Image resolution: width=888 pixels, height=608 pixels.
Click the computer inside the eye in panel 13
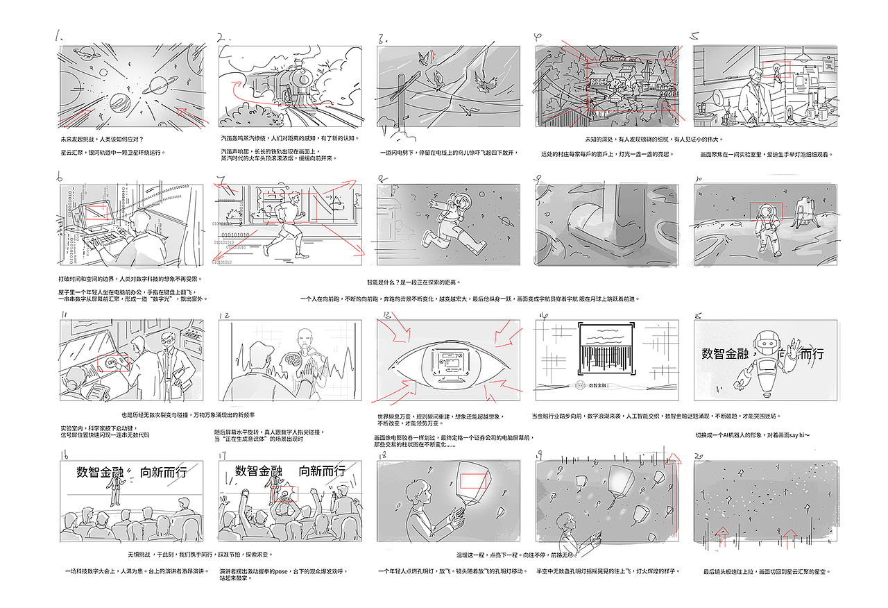pyautogui.click(x=447, y=366)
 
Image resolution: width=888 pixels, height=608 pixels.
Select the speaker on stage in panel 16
pyautogui.click(x=115, y=493)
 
